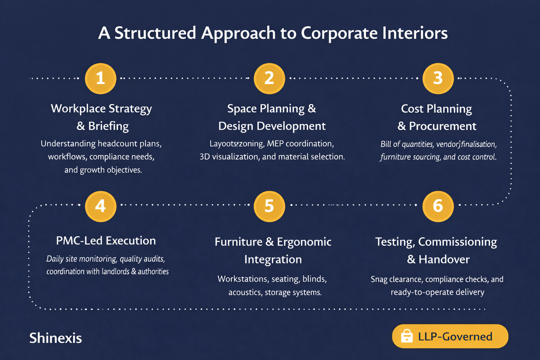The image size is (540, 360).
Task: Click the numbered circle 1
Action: [x=101, y=78]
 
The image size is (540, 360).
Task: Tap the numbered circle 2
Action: [x=269, y=78]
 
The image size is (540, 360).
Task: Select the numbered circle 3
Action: [x=438, y=78]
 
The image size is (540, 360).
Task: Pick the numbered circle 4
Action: [x=101, y=206]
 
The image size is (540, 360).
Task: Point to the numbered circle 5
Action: [x=269, y=206]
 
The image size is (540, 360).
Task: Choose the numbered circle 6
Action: [x=438, y=206]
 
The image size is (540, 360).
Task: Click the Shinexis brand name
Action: [x=56, y=338]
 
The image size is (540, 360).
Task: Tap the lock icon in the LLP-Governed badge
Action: [x=407, y=336]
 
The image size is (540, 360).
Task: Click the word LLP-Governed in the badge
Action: [x=455, y=337]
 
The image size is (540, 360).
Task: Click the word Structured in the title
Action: [x=155, y=33]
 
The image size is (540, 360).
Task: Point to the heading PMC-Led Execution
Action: [x=106, y=241]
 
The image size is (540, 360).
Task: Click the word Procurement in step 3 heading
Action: [x=443, y=126]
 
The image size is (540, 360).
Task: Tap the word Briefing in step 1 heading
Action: [x=108, y=126]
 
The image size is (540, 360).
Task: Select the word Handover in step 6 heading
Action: [x=444, y=259]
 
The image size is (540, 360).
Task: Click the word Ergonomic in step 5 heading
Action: [x=304, y=242]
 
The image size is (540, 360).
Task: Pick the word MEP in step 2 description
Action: [x=275, y=144]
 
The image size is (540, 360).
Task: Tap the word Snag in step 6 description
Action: [x=379, y=279]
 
